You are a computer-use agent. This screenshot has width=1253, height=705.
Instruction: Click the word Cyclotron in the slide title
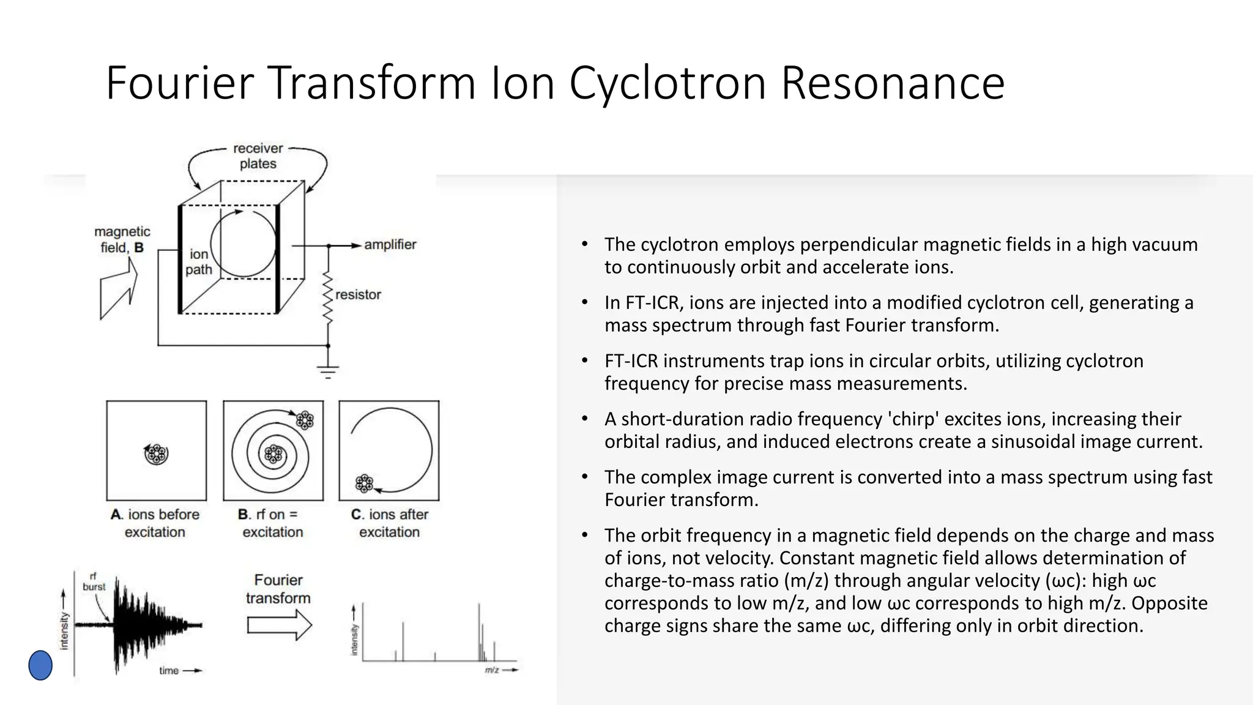[667, 84]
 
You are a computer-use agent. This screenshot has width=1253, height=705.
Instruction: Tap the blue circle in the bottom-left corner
[40, 665]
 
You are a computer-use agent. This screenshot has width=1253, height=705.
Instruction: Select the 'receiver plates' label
[258, 156]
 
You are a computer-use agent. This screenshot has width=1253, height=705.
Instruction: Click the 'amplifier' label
[390, 245]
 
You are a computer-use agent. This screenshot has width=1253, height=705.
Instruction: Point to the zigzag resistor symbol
[328, 299]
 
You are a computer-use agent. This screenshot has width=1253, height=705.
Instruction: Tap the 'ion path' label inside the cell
[199, 262]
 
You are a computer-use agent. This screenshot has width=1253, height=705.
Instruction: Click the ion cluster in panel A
[157, 453]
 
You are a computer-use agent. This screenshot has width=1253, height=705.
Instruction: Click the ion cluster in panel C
[364, 483]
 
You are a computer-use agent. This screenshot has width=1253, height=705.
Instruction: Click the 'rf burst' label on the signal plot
[94, 581]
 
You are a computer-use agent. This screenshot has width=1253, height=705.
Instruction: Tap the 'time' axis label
[169, 671]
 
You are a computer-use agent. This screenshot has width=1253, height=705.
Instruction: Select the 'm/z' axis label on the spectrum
[492, 670]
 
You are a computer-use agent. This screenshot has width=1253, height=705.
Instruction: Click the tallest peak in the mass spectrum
[479, 630]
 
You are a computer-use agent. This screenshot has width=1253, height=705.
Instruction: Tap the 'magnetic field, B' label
[122, 239]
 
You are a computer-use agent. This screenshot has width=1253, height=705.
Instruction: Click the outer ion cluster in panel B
[305, 420]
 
